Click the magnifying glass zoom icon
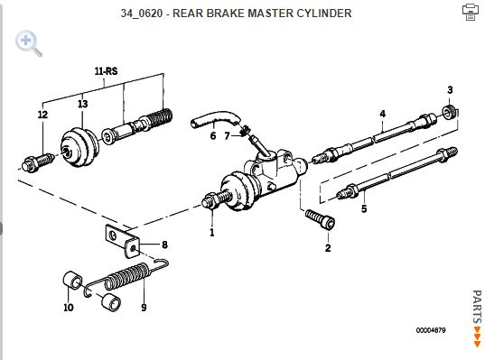point(29,43)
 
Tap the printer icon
point(471,12)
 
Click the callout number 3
point(450,90)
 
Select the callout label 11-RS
point(106,71)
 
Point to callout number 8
point(165,245)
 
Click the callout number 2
point(328,248)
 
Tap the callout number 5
point(364,208)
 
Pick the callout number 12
point(42,115)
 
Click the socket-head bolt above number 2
point(320,219)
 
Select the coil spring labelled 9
point(126,276)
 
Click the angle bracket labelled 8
point(122,241)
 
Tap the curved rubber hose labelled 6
point(215,119)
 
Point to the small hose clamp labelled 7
point(245,130)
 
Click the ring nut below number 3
point(450,112)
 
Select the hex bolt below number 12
point(38,162)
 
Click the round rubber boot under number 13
point(79,147)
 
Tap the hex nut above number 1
point(210,201)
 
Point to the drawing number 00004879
point(431,330)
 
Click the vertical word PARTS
point(477,307)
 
